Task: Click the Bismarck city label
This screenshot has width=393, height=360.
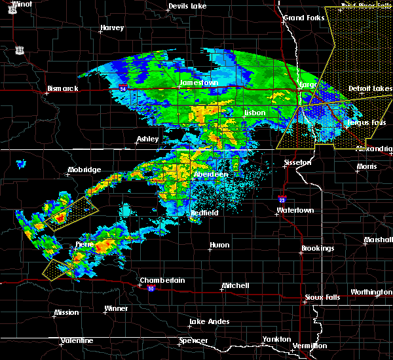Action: click(62, 88)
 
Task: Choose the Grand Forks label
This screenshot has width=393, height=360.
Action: click(304, 18)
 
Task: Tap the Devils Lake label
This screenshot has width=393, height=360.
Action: click(187, 6)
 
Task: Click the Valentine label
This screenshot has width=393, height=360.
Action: click(77, 340)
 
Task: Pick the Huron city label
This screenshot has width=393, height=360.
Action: click(219, 245)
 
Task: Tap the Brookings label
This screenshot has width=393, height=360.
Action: click(318, 249)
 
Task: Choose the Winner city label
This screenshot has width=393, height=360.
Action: click(117, 308)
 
